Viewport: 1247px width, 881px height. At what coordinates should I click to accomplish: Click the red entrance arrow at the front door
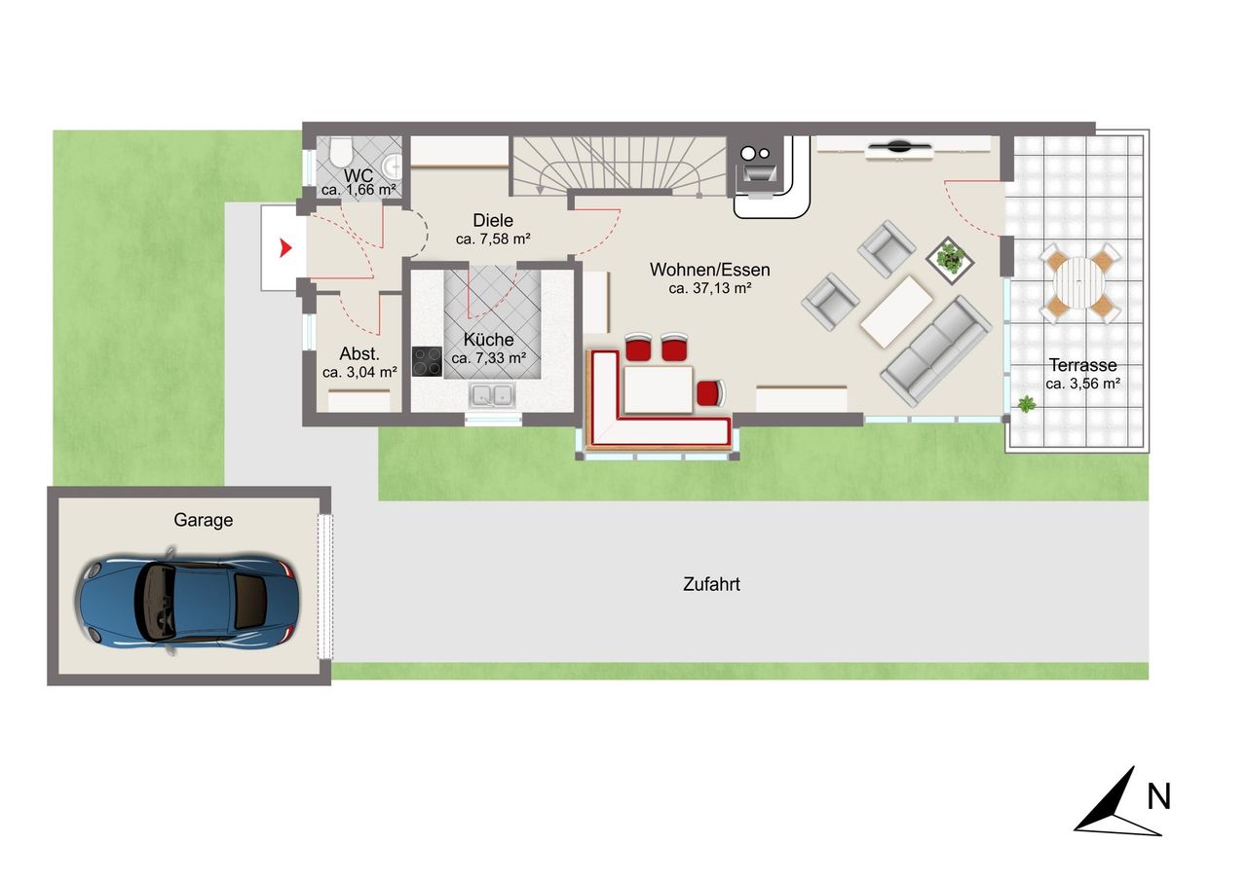[285, 247]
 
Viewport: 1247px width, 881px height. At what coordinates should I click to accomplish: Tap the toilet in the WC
[341, 151]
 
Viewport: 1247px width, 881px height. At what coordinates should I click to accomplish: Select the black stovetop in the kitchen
[427, 361]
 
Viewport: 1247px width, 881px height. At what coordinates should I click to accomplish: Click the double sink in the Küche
[492, 395]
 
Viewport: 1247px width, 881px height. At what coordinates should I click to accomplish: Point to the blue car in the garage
[188, 602]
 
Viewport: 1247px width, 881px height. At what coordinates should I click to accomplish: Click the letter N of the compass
[1159, 797]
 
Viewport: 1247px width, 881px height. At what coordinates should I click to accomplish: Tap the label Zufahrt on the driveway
[711, 584]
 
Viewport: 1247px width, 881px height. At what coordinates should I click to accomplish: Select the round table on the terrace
[1078, 283]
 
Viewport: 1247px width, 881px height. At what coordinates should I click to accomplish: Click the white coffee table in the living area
[896, 312]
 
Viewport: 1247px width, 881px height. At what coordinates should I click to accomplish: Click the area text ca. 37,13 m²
[710, 289]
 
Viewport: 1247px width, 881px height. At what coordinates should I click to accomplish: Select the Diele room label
[493, 220]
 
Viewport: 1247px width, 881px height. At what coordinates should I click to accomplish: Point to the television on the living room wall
[899, 147]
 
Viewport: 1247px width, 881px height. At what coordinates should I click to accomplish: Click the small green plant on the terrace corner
[1026, 404]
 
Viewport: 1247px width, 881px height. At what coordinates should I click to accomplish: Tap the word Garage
[204, 520]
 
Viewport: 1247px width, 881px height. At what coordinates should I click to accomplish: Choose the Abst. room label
[359, 353]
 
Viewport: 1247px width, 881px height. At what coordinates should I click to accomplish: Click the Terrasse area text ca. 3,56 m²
[1082, 384]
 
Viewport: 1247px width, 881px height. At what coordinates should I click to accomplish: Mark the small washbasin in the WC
[393, 165]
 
